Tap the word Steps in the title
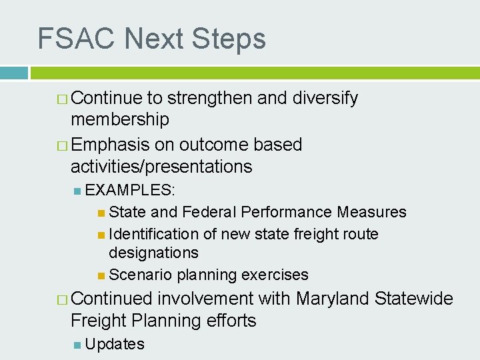pos(229,39)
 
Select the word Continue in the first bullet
pos(107,98)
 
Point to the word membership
pos(120,120)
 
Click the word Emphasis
pos(110,145)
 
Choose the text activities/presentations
pos(161,167)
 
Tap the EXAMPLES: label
pos(131,190)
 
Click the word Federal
pos(209,212)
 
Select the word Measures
pos(371,212)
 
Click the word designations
pos(153,253)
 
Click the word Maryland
pos(333,299)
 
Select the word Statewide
pos(414,299)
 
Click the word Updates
pos(115,344)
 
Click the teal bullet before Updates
pos(78,345)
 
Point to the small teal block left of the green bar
pos(13,73)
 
